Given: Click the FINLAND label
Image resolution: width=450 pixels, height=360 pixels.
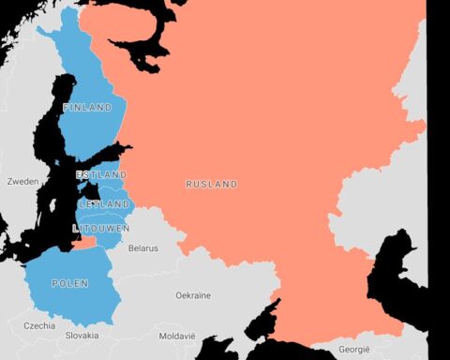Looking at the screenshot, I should [x=87, y=108].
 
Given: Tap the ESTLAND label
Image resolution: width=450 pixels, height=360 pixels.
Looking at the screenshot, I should [x=102, y=175].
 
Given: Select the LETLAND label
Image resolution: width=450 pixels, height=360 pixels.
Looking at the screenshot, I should [x=104, y=203].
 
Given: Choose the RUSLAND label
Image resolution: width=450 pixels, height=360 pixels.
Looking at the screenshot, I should [x=211, y=184].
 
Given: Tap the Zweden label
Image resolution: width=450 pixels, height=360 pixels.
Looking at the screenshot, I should [x=22, y=181].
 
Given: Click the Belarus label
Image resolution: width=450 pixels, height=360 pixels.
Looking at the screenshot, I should [x=143, y=248].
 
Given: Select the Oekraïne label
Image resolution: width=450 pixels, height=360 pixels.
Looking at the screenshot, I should [x=193, y=295].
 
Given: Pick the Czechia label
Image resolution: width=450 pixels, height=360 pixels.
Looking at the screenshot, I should [x=39, y=326].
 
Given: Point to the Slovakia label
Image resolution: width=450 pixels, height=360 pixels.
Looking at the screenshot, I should [x=82, y=335].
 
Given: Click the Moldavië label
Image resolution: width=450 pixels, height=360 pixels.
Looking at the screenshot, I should [x=177, y=335].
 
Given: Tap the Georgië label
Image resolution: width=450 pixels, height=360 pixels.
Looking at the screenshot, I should [x=353, y=349].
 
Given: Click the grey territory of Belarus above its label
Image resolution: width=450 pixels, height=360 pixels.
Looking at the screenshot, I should [x=150, y=230].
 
